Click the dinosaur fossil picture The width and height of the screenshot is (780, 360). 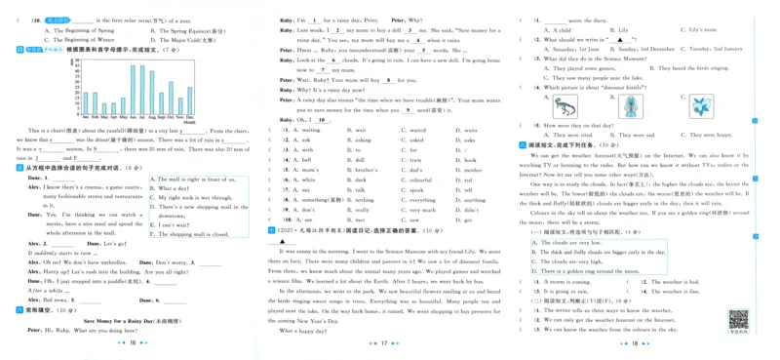[564, 105]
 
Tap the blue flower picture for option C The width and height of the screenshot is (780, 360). [698, 105]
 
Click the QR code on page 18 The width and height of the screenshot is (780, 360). [737, 321]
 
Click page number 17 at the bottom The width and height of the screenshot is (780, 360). [383, 343]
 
